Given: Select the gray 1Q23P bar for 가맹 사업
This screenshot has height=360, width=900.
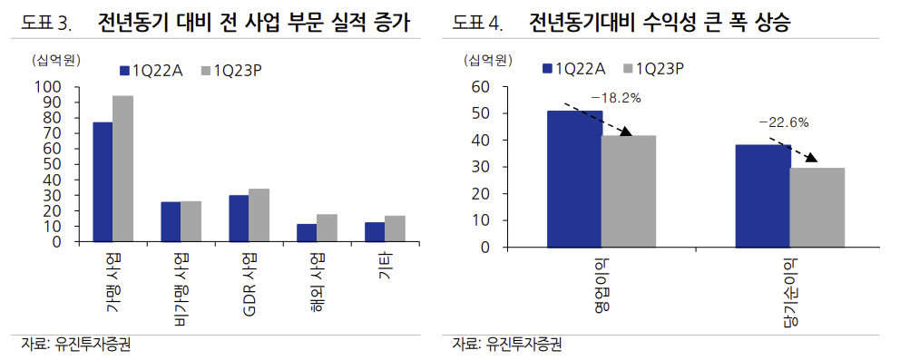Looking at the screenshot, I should point(122,169).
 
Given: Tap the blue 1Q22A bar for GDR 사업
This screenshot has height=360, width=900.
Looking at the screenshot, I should point(239,219).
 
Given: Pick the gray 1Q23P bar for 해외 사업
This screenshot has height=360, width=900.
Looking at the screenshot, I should point(327,229).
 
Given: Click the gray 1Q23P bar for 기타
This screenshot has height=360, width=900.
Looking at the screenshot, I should point(395,229).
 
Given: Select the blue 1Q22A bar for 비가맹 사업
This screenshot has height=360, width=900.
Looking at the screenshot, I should point(171,222).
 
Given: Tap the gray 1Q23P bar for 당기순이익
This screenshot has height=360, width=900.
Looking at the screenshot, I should point(817,208).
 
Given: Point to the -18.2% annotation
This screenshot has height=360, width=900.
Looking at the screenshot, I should point(616,96).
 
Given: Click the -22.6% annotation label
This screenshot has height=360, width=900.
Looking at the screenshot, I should point(784,122).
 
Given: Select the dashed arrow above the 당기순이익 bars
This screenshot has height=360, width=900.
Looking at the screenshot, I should point(794,151).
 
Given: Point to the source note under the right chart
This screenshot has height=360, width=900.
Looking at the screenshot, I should point(509,345).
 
